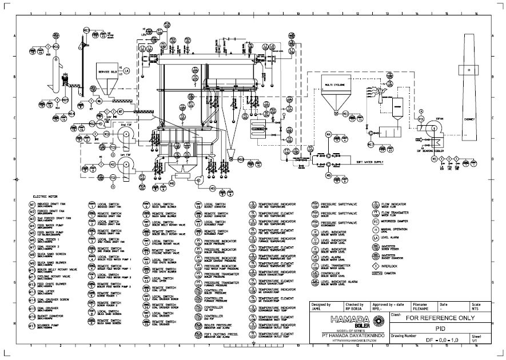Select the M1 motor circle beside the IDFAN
point(434,158)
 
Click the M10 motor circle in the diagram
point(241,159)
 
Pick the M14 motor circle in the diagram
point(72,114)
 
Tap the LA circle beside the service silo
point(127,71)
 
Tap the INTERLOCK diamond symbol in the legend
point(376,265)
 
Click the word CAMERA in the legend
point(390,273)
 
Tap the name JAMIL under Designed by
point(316,309)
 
